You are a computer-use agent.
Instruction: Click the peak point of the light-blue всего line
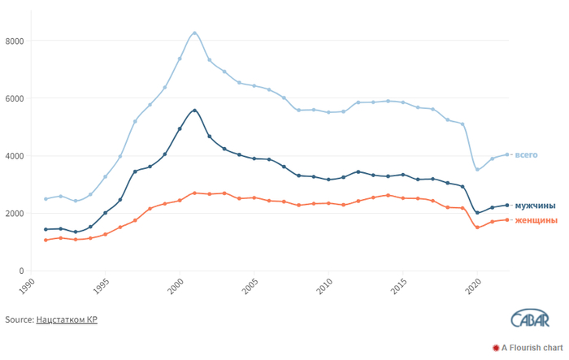point(194,33)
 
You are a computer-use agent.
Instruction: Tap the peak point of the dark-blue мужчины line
point(194,111)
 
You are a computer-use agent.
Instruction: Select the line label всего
point(526,155)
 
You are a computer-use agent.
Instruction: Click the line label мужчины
point(535,206)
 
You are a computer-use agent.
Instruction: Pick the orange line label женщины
point(536,220)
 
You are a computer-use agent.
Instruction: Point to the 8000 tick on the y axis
point(15,41)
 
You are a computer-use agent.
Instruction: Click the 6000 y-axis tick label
point(15,98)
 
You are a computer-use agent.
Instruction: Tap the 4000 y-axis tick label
point(15,156)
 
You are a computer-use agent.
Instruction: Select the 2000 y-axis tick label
point(15,214)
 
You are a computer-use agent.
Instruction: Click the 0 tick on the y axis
point(21,271)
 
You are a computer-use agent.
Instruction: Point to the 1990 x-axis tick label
point(26,286)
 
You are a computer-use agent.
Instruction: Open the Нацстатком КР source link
point(67,319)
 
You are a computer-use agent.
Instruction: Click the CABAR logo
point(530,319)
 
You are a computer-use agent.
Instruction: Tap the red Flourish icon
point(496,348)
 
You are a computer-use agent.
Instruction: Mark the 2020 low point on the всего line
point(477,170)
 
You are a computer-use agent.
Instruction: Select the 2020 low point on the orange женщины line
point(477,228)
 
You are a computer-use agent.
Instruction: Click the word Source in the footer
point(20,319)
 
